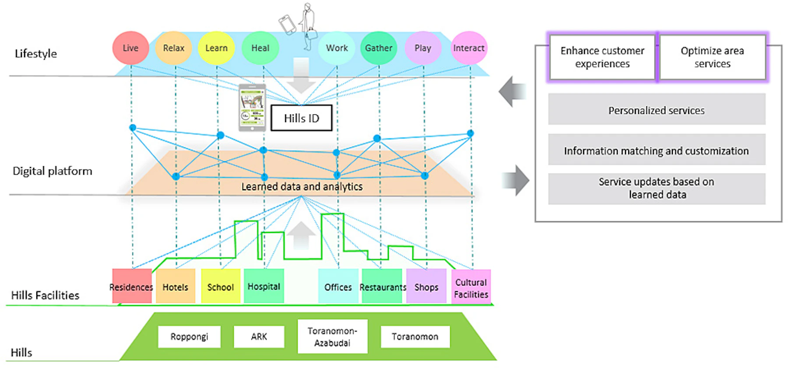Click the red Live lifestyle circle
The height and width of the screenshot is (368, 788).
pyautogui.click(x=130, y=48)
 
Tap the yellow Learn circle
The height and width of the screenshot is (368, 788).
pyautogui.click(x=216, y=48)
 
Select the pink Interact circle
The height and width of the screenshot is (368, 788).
pyautogui.click(x=469, y=48)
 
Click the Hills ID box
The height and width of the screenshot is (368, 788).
pyautogui.click(x=301, y=118)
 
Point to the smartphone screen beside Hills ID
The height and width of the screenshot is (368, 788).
pyautogui.click(x=252, y=107)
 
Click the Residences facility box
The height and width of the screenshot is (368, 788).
pyautogui.click(x=132, y=287)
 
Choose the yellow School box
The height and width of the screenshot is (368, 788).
pyautogui.click(x=221, y=287)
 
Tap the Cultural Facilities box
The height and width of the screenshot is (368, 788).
pyautogui.click(x=471, y=288)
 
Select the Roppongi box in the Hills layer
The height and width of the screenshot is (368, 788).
pyautogui.click(x=189, y=336)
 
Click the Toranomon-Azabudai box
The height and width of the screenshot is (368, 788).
pyautogui.click(x=332, y=336)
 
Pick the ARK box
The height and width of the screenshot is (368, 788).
pyautogui.click(x=259, y=336)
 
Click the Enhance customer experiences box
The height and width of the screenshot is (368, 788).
pyautogui.click(x=602, y=57)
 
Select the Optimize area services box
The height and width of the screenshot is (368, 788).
pyautogui.click(x=712, y=57)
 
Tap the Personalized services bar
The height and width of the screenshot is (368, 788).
pyautogui.click(x=656, y=110)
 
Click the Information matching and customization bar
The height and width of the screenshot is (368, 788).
pyautogui.click(x=656, y=150)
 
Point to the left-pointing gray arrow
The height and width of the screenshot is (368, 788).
pyautogui.click(x=512, y=92)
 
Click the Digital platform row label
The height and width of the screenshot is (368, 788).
pyautogui.click(x=53, y=171)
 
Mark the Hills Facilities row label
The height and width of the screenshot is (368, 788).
pyautogui.click(x=45, y=295)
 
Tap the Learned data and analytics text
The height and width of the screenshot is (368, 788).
pyautogui.click(x=302, y=187)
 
